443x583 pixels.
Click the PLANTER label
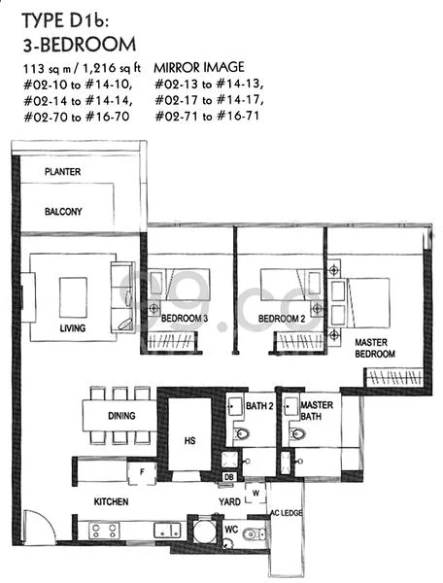click(x=62, y=172)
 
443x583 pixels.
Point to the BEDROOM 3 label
click(x=185, y=319)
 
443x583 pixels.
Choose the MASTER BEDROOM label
click(x=374, y=349)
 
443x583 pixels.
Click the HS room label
click(x=190, y=440)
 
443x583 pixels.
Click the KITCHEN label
click(x=112, y=501)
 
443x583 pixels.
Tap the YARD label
click(x=230, y=501)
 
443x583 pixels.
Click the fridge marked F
click(x=142, y=474)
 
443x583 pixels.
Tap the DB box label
click(x=228, y=476)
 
